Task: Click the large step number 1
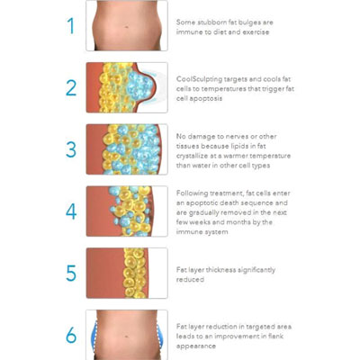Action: (71, 25)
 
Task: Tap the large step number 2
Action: (71, 87)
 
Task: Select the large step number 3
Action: (71, 149)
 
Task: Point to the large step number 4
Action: (71, 211)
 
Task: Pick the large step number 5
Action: (71, 273)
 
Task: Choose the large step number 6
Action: (71, 335)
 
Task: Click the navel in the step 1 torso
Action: (127, 28)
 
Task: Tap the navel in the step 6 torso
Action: (128, 336)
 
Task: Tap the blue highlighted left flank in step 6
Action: (93, 336)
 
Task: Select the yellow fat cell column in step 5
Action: (136, 273)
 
